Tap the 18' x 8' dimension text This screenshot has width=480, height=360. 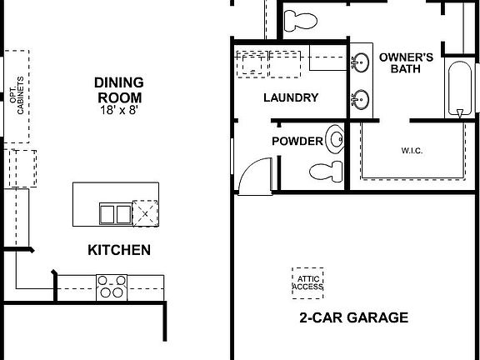(119, 110)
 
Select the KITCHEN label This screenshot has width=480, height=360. (119, 249)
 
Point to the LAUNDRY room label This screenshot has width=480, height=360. (290, 97)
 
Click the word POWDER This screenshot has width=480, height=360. (297, 141)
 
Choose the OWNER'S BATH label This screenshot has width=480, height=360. (406, 63)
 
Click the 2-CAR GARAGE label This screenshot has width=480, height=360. (353, 317)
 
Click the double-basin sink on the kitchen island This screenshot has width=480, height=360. (115, 214)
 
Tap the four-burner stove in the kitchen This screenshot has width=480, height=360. (111, 287)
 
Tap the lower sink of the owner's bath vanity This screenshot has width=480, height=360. (361, 98)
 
